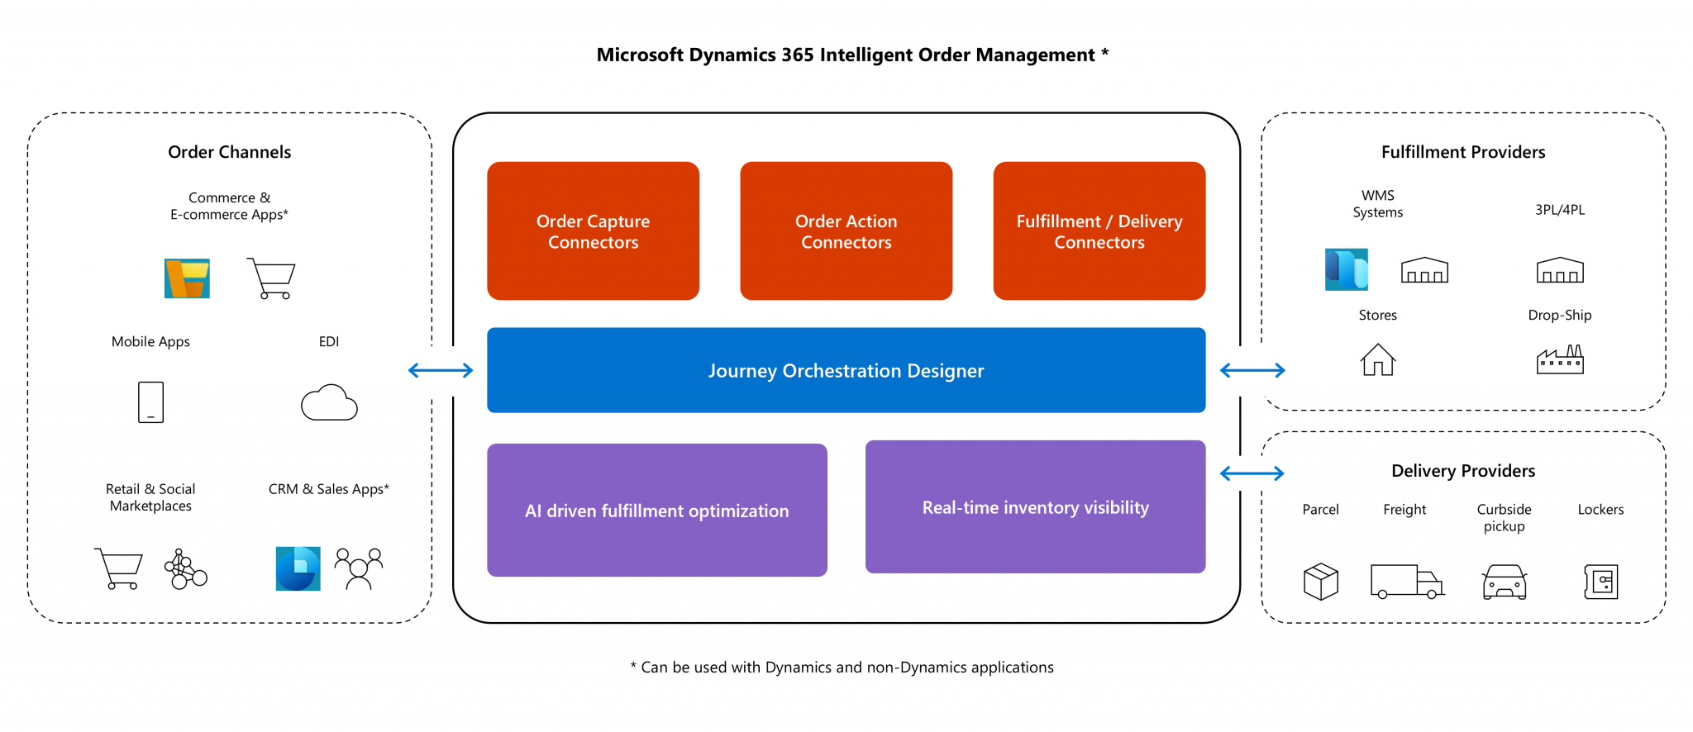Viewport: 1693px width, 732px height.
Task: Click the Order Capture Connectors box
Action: [x=593, y=231]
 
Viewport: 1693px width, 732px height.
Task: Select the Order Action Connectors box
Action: [x=846, y=231]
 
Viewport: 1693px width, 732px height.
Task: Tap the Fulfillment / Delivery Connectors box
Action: [x=1099, y=231]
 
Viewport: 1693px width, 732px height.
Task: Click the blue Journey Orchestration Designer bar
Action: [x=846, y=370]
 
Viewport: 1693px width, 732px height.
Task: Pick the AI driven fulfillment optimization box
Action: [x=656, y=510]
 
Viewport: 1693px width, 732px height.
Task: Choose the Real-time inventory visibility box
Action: [x=1035, y=506]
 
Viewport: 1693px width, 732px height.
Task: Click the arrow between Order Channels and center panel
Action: [x=441, y=370]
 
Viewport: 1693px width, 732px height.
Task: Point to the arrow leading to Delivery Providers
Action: [x=1252, y=473]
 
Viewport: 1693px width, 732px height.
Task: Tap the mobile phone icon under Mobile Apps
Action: [x=150, y=402]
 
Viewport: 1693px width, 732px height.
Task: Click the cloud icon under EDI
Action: [x=329, y=403]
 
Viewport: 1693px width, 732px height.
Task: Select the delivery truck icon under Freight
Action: [x=1406, y=581]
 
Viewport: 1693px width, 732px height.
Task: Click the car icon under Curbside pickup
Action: [x=1505, y=582]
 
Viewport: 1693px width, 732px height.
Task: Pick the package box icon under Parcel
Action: [x=1320, y=581]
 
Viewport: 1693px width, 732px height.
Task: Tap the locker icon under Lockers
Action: [x=1601, y=582]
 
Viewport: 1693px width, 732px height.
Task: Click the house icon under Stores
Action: [x=1377, y=359]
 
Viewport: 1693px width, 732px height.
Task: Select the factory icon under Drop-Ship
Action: [x=1560, y=360]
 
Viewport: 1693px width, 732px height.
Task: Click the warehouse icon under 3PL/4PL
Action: [x=1560, y=270]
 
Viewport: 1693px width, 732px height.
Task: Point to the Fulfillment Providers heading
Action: [x=1462, y=152]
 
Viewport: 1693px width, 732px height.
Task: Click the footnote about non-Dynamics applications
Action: [x=842, y=668]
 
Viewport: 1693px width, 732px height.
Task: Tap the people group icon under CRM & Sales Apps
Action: [x=358, y=568]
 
